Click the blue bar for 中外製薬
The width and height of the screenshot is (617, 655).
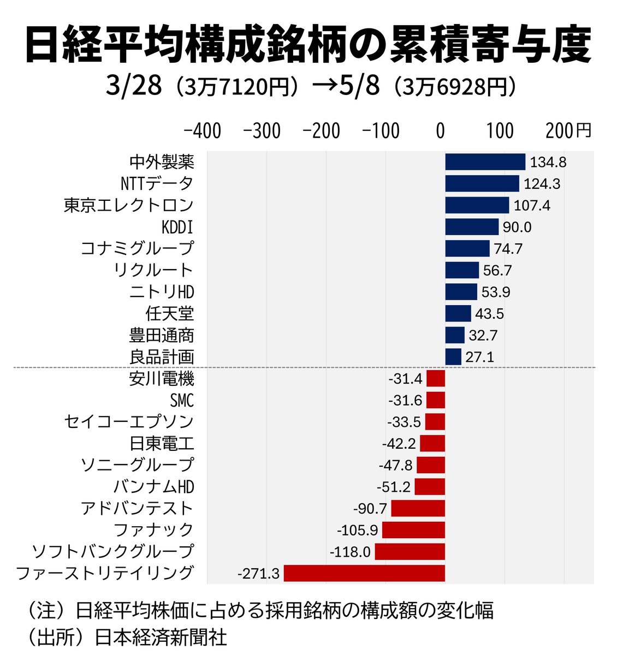[x=485, y=162]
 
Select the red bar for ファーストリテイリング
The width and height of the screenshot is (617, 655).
[x=364, y=573]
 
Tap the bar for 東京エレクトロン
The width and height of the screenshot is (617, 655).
[x=477, y=205]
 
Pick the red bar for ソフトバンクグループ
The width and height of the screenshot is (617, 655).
[x=410, y=552]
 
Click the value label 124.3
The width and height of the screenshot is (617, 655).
[x=542, y=184]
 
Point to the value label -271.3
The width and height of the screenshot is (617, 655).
[x=258, y=574]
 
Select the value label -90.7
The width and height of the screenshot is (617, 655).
[x=370, y=509]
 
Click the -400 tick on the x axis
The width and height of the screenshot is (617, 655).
[x=203, y=131]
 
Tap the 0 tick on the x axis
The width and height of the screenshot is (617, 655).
[x=440, y=131]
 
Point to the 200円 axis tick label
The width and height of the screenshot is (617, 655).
[x=568, y=131]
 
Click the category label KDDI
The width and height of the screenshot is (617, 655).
[x=177, y=227]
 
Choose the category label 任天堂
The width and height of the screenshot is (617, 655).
[x=169, y=314]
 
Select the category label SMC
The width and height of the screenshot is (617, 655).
[x=181, y=401]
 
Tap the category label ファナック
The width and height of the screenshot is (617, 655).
[x=153, y=530]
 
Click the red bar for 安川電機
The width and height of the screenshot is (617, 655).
[x=435, y=379]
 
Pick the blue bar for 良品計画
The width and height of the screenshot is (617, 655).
[x=453, y=357]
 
